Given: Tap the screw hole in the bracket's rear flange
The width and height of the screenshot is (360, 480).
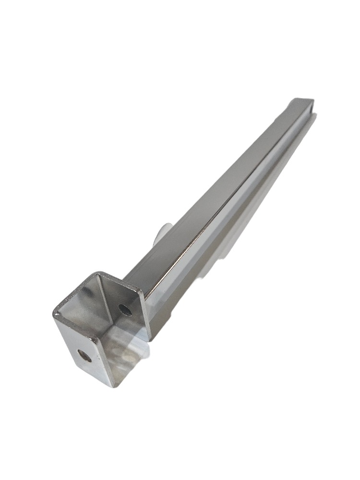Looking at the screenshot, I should (126, 310).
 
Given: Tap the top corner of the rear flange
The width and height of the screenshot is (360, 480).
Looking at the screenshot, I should (99, 274).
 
